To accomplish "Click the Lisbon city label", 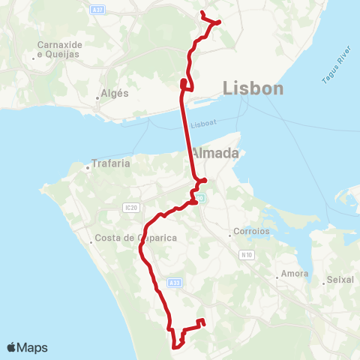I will click(x=253, y=89).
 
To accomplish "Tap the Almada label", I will click(x=214, y=153).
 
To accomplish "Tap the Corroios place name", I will click(x=251, y=232).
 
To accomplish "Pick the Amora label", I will click(x=293, y=274).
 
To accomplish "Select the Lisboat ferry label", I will click(x=202, y=125).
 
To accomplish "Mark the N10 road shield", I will click(x=246, y=256).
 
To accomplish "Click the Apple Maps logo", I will click(x=27, y=347).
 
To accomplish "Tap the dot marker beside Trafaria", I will click(x=88, y=168).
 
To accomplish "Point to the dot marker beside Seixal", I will click(x=324, y=282).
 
